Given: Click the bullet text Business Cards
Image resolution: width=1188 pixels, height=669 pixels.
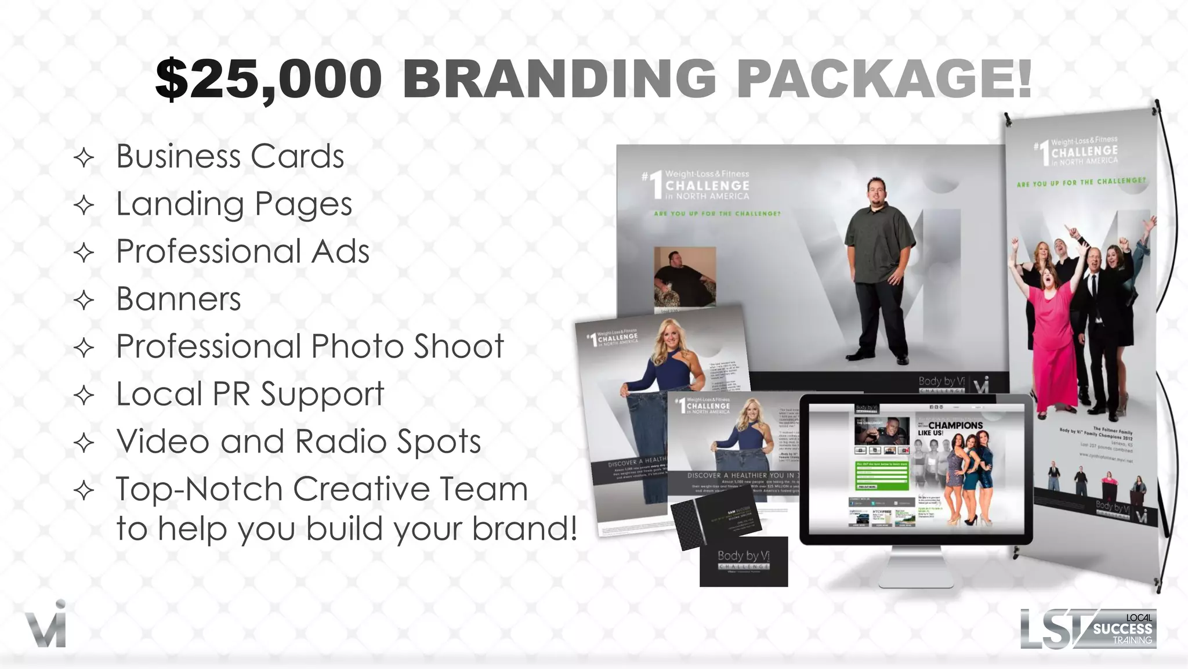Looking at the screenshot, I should tap(230, 157).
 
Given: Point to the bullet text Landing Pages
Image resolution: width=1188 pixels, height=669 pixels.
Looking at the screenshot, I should tap(234, 204).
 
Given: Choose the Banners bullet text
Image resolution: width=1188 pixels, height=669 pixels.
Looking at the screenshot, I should tap(179, 299).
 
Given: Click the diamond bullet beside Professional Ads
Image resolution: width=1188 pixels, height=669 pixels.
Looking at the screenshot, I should tap(85, 253).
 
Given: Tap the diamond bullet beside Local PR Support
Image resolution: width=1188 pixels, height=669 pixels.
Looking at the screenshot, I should tap(85, 396).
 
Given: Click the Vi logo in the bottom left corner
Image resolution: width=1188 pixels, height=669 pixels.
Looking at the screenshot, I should tap(46, 624).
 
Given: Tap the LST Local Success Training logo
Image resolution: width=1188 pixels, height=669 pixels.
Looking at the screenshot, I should tap(1088, 628).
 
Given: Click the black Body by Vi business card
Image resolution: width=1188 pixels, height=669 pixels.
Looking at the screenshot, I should tap(743, 562).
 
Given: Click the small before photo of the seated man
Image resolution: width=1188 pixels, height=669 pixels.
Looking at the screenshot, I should tap(685, 277).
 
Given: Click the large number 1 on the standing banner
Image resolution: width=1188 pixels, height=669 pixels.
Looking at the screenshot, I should tap(1044, 152).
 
